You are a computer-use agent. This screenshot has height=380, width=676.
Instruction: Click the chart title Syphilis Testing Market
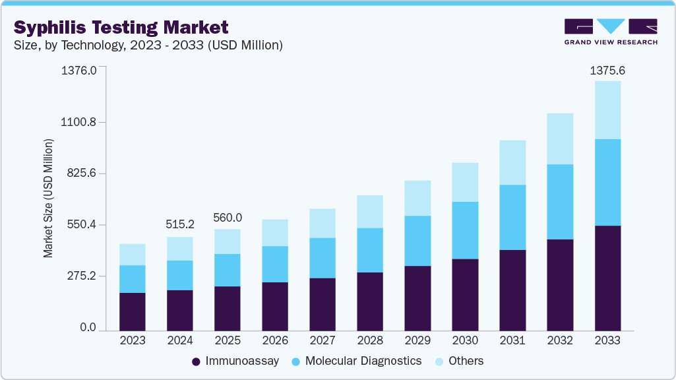coord(121,27)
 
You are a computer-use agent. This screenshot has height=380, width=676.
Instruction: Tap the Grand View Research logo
coord(611,32)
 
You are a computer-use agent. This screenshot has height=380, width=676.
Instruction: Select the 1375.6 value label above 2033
coord(607,71)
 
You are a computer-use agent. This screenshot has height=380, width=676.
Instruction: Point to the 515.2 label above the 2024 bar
coord(180,224)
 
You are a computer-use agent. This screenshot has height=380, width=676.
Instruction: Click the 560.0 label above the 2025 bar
coord(228,218)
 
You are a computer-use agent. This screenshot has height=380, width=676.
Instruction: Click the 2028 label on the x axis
coord(369,340)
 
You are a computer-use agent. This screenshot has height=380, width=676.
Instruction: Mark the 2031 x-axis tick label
coord(512,340)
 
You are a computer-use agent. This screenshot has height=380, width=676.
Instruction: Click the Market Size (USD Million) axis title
coord(48,198)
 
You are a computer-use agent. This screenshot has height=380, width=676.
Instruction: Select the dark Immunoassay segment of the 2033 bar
coord(607,278)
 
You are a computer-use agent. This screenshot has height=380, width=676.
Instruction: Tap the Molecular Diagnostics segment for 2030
coord(465,230)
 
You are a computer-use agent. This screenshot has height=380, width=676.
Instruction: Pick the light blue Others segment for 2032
coord(560,139)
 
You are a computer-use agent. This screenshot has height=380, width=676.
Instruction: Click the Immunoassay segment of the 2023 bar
coord(133,311)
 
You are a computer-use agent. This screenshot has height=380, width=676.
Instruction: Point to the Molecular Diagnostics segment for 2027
coord(323,258)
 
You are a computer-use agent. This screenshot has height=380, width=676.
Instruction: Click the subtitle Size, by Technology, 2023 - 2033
coord(148,45)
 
